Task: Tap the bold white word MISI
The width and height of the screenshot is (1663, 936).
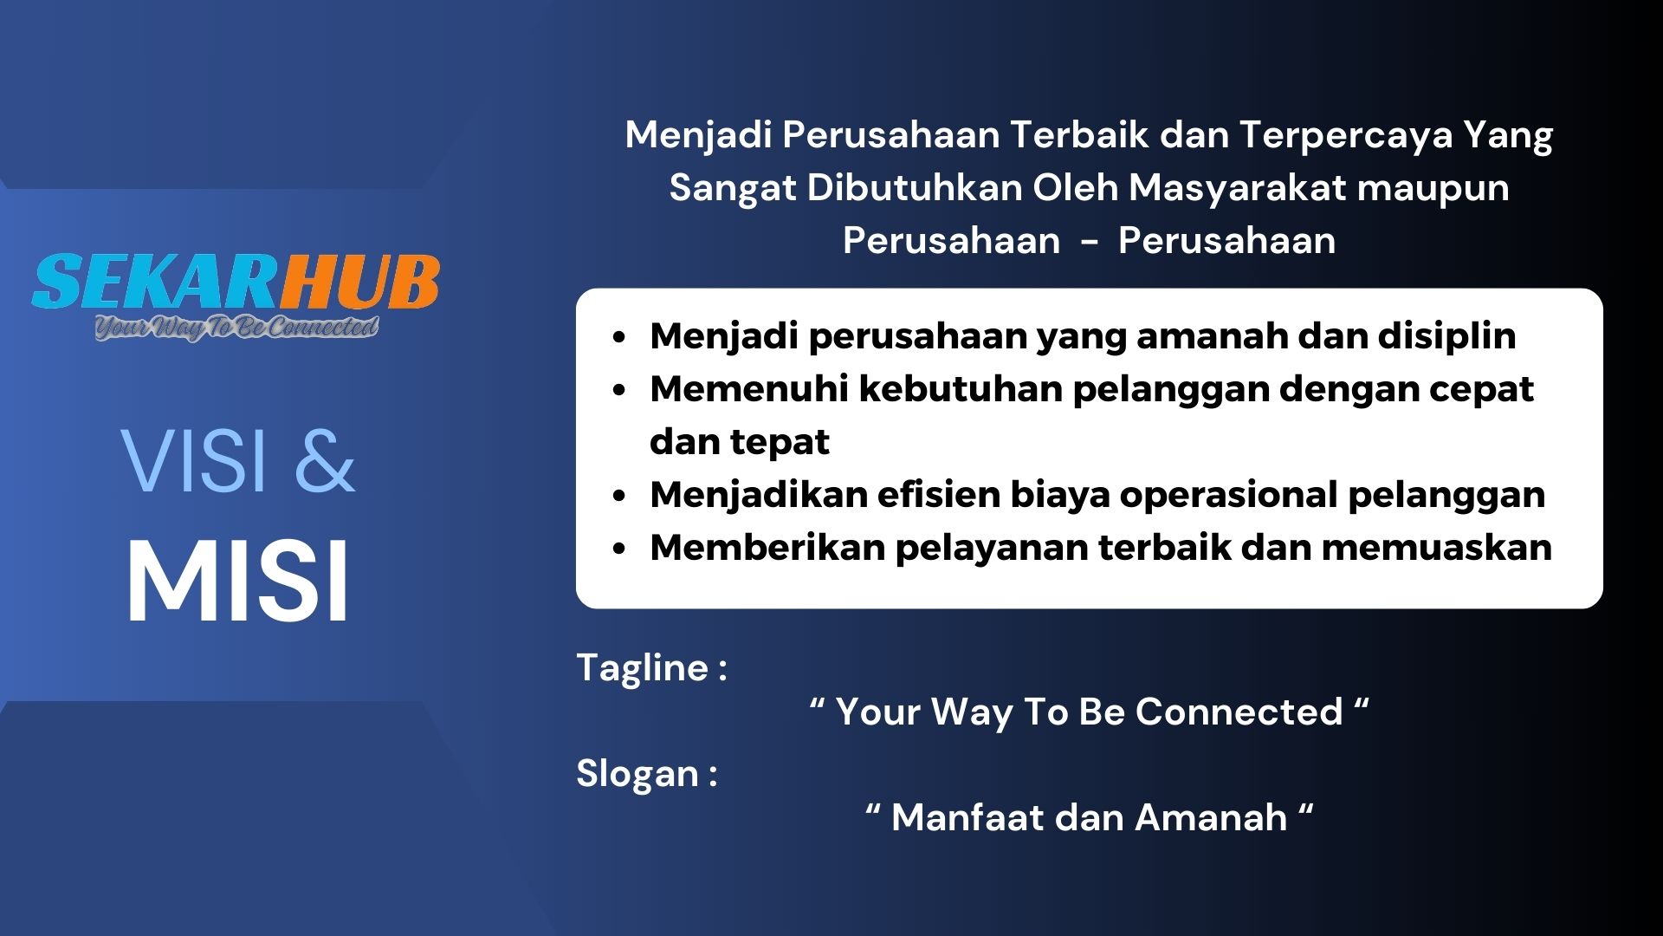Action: pos(238,580)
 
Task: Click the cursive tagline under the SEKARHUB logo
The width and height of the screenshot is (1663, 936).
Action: pos(236,328)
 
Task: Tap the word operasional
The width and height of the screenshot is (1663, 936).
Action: pos(1228,496)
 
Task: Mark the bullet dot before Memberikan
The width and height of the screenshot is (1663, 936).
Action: pos(618,549)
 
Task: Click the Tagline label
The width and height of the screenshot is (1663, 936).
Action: pos(651,668)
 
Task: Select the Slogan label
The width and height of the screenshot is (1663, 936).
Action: pos(646,774)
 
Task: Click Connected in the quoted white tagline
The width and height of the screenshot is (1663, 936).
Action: pos(1239,712)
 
